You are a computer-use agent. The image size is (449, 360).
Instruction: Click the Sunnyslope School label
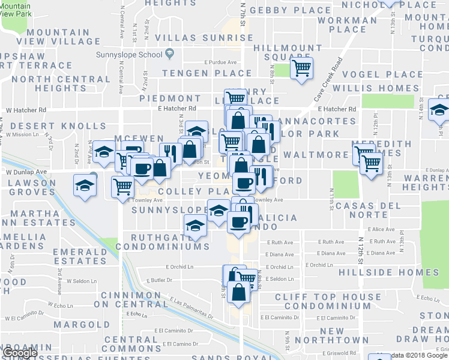tap(137, 55)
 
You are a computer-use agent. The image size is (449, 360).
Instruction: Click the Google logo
tap(20, 353)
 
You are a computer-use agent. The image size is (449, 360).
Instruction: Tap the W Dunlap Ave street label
tap(26, 171)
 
